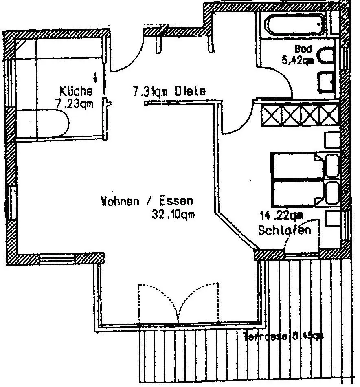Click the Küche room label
76,90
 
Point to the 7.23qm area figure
74,104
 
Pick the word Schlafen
285,230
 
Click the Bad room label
303,49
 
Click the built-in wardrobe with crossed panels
300,115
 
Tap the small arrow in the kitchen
95,76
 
